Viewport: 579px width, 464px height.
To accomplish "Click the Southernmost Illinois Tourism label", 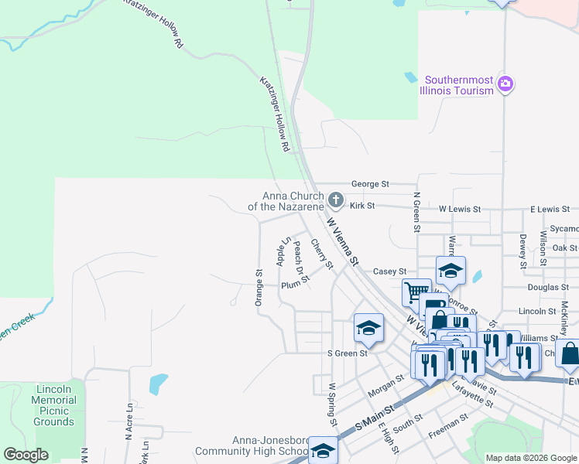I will click(x=456, y=85).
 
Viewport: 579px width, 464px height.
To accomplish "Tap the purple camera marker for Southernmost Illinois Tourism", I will click(x=505, y=84).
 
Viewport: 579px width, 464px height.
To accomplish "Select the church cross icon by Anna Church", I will click(x=336, y=200).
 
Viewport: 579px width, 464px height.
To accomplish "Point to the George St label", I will click(x=370, y=185).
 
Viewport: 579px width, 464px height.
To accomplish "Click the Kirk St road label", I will click(x=361, y=206).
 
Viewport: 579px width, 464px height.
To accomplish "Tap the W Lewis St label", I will click(x=460, y=210).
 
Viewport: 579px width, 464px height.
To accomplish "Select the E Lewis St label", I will click(x=550, y=210).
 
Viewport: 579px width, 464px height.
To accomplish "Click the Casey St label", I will click(x=389, y=271).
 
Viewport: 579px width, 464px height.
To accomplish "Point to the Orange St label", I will click(x=259, y=288).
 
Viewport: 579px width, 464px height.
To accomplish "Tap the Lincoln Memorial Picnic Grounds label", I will click(x=53, y=405).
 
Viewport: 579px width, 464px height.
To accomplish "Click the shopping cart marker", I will click(x=416, y=293).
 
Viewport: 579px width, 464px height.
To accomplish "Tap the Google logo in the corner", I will click(x=26, y=455).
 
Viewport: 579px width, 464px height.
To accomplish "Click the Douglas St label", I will click(x=542, y=287).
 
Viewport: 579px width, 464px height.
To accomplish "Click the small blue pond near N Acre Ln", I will click(x=158, y=382).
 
